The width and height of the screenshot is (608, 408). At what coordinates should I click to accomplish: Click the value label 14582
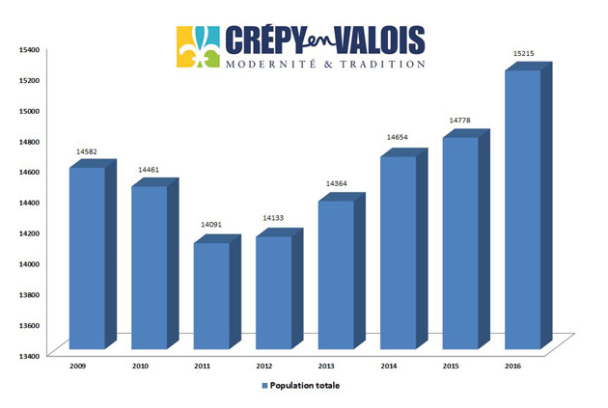[87, 151]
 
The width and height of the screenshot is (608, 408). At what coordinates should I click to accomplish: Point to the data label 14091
[211, 225]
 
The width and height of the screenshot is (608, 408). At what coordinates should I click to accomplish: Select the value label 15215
[522, 54]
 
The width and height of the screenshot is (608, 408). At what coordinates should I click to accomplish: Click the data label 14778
[460, 121]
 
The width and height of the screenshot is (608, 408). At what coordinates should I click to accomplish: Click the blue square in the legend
[264, 386]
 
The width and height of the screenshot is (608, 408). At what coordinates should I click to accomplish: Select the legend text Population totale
[306, 386]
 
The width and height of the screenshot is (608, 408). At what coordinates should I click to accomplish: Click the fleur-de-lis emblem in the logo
[198, 47]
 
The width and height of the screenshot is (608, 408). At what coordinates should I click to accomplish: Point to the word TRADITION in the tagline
[384, 65]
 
